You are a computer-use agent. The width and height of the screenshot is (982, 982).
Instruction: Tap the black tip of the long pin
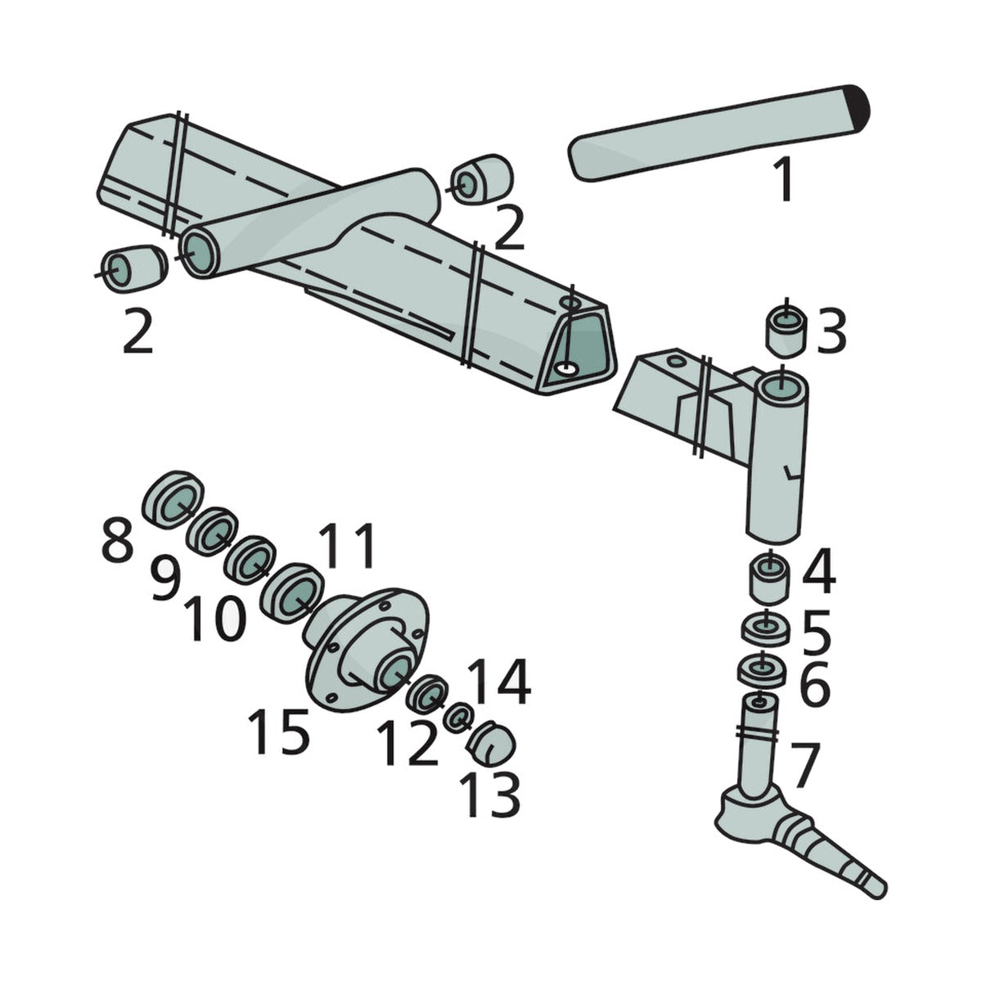pos(858,110)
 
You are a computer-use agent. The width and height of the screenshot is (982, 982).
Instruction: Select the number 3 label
pos(831,331)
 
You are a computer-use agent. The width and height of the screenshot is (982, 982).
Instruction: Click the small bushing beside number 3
pos(786,331)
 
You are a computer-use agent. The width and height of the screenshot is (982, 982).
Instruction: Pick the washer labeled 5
pos(765,630)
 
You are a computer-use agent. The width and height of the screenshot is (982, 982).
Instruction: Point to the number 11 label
pos(348,546)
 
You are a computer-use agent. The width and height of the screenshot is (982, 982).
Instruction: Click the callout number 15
pos(279,732)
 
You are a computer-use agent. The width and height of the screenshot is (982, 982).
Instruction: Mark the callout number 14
pos(499,682)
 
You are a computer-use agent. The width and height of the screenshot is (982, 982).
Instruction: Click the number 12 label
pos(408,745)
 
